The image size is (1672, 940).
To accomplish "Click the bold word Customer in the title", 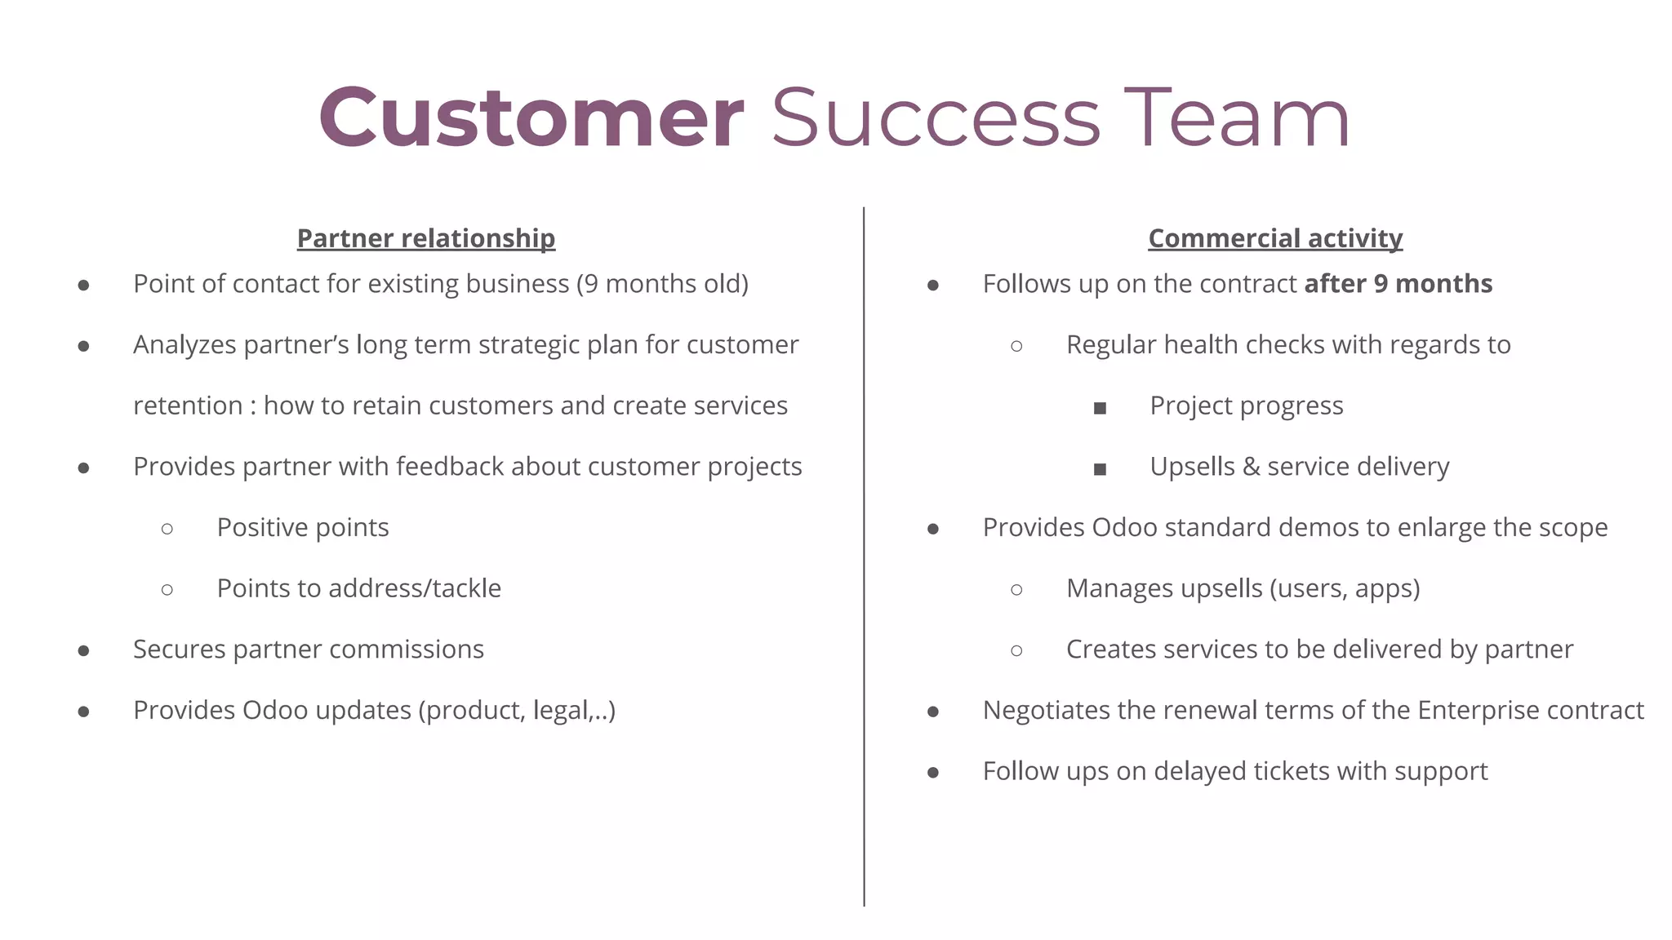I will pos(531,118).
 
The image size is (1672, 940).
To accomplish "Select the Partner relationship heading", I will pos(425,238).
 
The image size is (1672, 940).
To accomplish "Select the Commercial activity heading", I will pos(1274,238).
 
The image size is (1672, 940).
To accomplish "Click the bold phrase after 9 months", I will pos(1398,284).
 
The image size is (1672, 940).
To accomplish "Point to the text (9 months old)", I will pos(662,284).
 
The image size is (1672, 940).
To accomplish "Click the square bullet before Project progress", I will pos(1100,408).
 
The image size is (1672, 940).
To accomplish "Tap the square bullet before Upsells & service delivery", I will pos(1100,469).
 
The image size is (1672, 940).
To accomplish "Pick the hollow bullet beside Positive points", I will pos(167,529).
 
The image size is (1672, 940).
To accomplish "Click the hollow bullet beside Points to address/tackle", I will pos(167,590).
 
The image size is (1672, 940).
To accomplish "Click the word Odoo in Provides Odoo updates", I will pos(275,710).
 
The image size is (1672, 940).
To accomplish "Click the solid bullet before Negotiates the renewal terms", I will pos(932,712).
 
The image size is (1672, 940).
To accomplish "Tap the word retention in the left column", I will pos(188,406).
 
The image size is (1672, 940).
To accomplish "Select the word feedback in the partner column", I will pos(450,467).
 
